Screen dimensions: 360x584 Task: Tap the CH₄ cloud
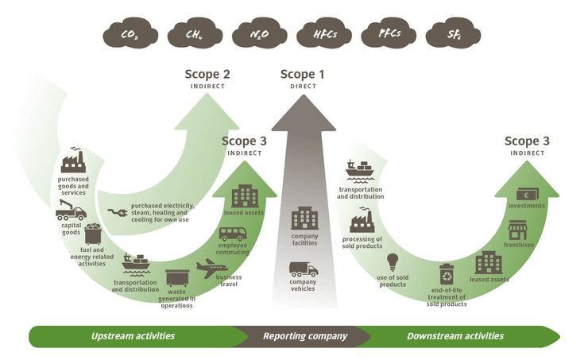(194, 35)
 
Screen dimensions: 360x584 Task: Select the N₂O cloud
(258, 35)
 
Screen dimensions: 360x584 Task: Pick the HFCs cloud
(323, 35)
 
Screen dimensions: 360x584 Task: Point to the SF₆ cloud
(452, 35)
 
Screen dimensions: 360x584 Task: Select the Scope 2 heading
(207, 75)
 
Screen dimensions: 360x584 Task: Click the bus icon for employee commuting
(233, 235)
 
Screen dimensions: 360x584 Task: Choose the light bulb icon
(392, 261)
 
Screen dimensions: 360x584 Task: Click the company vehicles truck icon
(303, 269)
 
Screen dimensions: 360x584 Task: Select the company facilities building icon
(304, 219)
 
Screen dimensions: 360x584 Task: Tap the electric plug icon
(117, 213)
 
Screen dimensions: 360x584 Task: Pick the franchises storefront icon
(517, 230)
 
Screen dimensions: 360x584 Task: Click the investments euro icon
(526, 194)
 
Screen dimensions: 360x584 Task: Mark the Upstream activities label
(133, 336)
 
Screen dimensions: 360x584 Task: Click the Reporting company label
(305, 336)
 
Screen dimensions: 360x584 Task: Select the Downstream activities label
(454, 336)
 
